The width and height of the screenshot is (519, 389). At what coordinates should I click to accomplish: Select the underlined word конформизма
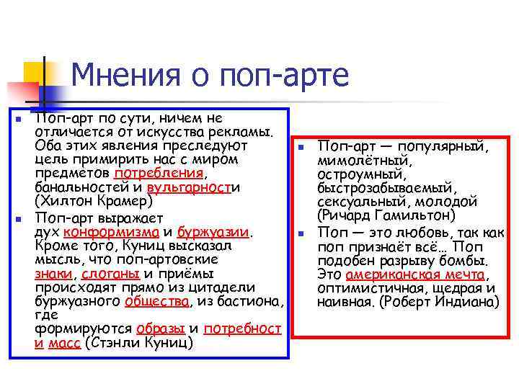point(112,233)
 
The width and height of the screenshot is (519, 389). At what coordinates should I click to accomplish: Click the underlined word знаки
point(52,274)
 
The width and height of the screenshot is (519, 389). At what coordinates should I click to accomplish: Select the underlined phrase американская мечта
point(417,274)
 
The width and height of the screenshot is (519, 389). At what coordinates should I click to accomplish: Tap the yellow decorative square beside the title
point(32,73)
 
